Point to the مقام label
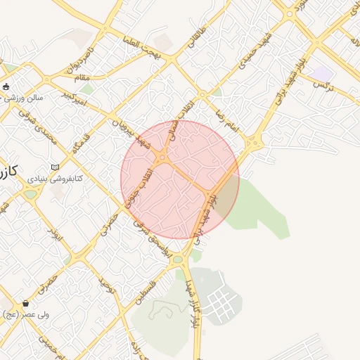click(82, 75)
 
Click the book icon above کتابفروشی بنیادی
click(54, 167)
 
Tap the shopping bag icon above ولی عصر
click(26, 304)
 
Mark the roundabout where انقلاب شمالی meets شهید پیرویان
click(162, 157)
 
